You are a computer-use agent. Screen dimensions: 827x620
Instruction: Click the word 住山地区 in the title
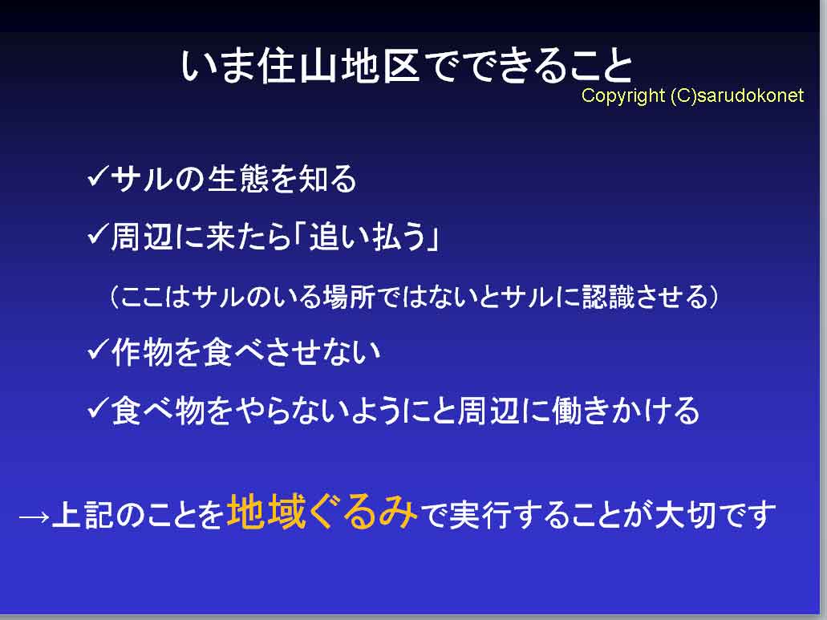[340, 67]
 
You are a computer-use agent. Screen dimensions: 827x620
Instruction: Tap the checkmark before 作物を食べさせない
[97, 350]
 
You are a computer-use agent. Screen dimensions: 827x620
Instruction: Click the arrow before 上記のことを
[34, 517]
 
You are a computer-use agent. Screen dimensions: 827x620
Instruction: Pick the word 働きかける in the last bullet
[626, 410]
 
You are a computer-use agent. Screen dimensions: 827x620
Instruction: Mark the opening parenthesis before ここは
[115, 298]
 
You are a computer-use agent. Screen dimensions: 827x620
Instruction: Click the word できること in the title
[528, 67]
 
